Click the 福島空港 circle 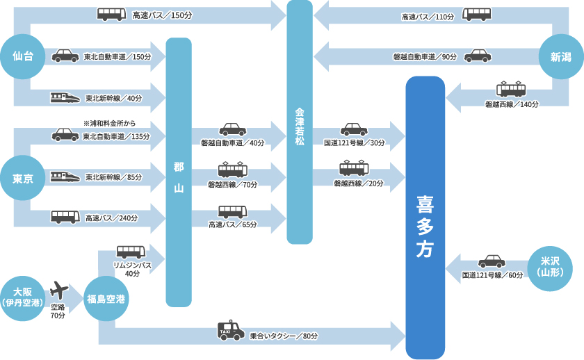coord(106,299)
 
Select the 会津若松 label coord(300,125)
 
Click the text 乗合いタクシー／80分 coord(284,336)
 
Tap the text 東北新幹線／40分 coord(113,99)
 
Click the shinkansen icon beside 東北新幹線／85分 coord(65,177)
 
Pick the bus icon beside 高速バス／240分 coord(65,217)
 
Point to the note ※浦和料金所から coord(106,124)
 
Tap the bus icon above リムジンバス coord(131,252)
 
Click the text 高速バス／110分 coord(428,16)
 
